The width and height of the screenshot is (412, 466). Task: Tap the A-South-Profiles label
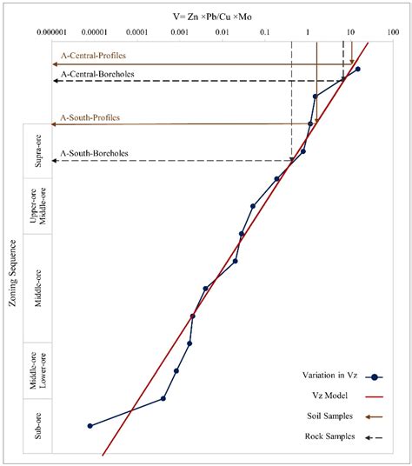[90, 116]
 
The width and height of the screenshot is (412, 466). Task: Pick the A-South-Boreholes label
[95, 154]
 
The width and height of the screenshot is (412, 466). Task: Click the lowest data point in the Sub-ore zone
[90, 426]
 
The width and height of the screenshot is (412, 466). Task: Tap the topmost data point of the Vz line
[358, 69]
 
